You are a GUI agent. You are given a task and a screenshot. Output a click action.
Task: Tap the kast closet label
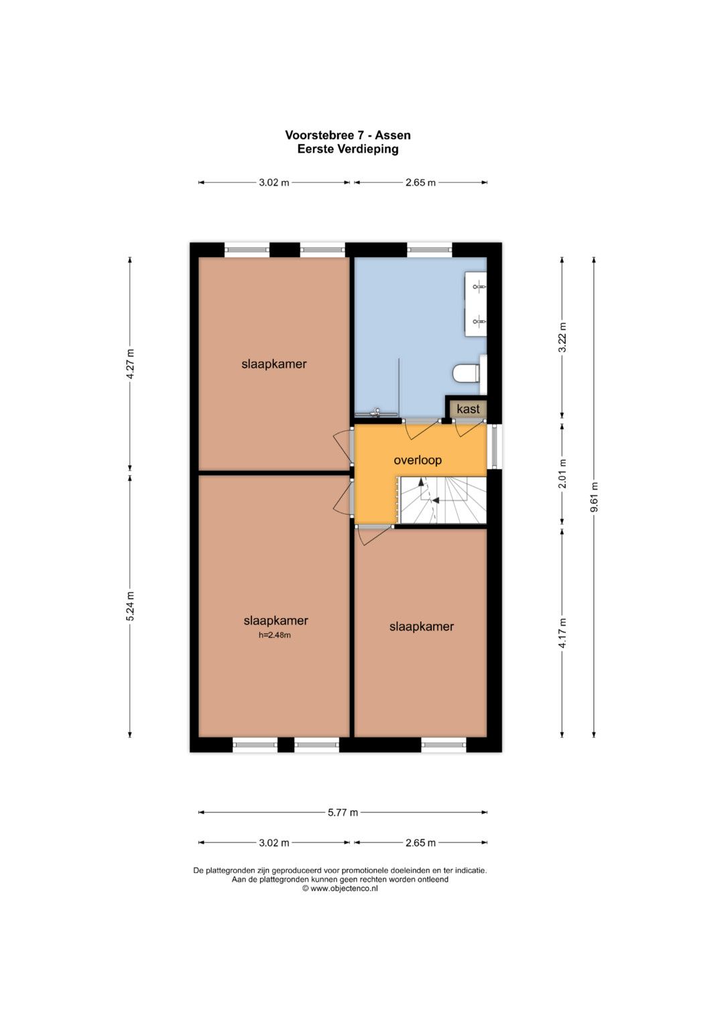tap(468, 409)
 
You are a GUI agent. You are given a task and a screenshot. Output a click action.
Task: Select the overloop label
tap(418, 460)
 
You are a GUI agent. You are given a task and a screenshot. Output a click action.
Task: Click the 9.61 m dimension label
tap(594, 498)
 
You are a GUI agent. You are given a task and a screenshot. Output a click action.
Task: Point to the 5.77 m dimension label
tap(343, 813)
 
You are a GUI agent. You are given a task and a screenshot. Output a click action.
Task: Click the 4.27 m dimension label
tap(130, 364)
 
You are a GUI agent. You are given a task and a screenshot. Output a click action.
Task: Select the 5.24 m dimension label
tap(130, 606)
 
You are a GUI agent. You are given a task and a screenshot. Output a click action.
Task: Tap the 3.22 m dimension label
tap(562, 338)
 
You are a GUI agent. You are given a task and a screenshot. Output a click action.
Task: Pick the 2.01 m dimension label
tap(562, 474)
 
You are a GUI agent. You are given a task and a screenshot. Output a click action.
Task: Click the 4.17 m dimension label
tap(562, 632)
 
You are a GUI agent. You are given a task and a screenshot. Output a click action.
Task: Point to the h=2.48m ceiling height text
tap(275, 635)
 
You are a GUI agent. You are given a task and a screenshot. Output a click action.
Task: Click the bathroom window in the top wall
tap(430, 249)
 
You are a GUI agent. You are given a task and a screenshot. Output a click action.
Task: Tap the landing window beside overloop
tap(495, 447)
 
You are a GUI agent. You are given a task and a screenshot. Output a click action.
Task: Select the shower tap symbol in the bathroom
tap(376, 413)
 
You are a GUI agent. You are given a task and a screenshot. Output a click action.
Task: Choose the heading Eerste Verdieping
tap(348, 149)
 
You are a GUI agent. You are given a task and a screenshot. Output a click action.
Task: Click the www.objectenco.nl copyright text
tap(340, 888)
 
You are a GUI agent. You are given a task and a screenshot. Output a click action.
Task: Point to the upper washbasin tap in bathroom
tap(478, 287)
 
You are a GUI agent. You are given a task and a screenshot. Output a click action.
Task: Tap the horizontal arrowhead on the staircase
tap(436, 500)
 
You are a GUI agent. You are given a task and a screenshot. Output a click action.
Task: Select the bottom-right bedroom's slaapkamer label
tap(422, 626)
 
